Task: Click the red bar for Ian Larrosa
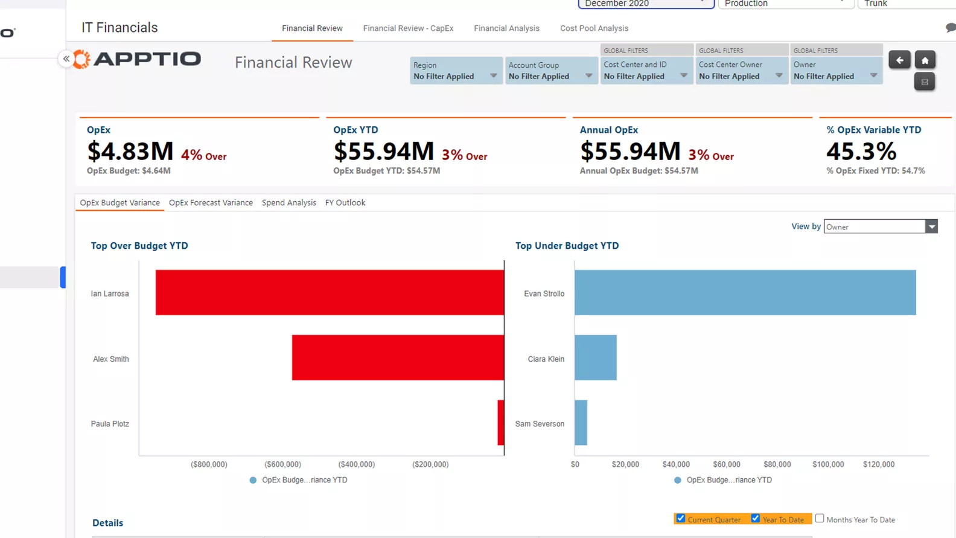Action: [330, 292]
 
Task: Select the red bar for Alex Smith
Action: [398, 357]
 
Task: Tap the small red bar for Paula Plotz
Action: [501, 423]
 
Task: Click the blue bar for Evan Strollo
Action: [745, 292]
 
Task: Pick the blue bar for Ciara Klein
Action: [595, 357]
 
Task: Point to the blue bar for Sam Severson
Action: [581, 423]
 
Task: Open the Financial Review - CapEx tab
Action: [408, 28]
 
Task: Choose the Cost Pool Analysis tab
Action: [594, 28]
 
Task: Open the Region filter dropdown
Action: [456, 71]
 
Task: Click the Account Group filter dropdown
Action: [551, 71]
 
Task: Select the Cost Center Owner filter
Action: [741, 71]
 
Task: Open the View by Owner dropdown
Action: [880, 226]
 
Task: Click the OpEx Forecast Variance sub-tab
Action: [211, 203]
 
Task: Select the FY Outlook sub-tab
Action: [345, 203]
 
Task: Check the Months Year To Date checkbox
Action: [820, 518]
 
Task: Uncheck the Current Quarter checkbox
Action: [681, 518]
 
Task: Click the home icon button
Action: [925, 60]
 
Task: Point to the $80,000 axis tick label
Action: [777, 464]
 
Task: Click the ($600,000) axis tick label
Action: [282, 464]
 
